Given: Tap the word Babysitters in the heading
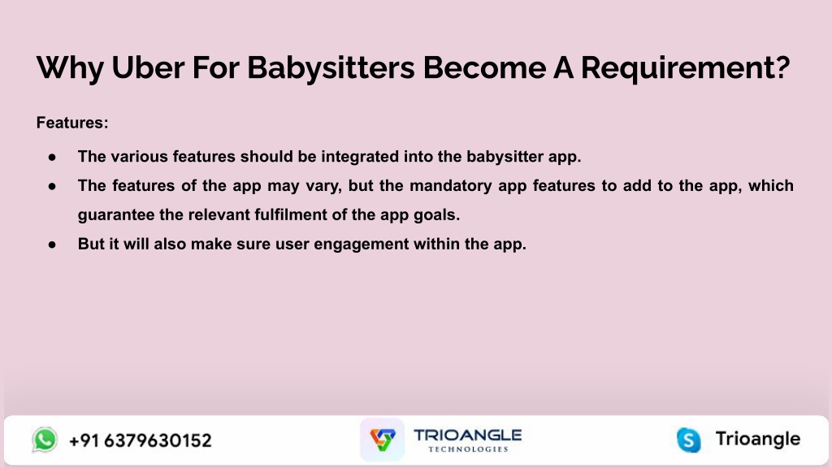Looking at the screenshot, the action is pyautogui.click(x=331, y=69).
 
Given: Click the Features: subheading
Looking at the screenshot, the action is pyautogui.click(x=72, y=123).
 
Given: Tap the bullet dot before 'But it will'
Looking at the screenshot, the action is pyautogui.click(x=52, y=245).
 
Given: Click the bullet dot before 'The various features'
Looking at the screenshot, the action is pyautogui.click(x=52, y=157).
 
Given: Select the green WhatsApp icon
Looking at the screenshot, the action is pyautogui.click(x=45, y=440).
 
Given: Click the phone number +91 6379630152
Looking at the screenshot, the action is pyautogui.click(x=140, y=440).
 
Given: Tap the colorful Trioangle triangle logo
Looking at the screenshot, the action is pyautogui.click(x=382, y=440).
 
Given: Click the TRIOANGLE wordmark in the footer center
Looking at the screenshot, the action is pyautogui.click(x=467, y=435).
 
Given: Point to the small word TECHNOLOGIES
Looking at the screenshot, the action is pyautogui.click(x=468, y=448).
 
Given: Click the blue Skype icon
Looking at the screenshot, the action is pyautogui.click(x=689, y=440).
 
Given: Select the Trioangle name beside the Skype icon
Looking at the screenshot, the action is pyautogui.click(x=758, y=440).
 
